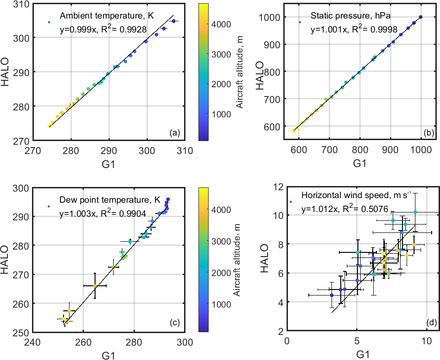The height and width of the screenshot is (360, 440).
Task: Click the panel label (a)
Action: [x=175, y=133]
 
